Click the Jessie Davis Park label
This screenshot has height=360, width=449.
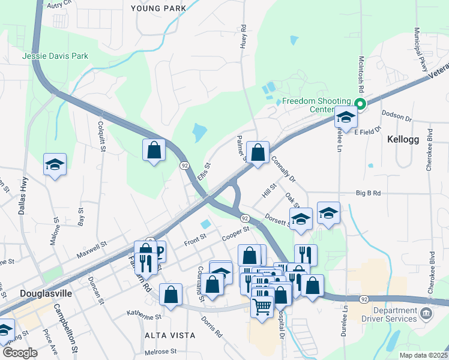coord(55,56)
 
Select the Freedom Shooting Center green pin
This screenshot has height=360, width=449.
coord(360,104)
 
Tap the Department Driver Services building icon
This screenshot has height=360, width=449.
coord(425,313)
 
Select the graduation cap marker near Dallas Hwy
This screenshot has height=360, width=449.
coord(55,165)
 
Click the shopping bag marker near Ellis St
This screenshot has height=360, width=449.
coord(154,149)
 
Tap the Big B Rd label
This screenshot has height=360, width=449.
coord(369,193)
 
